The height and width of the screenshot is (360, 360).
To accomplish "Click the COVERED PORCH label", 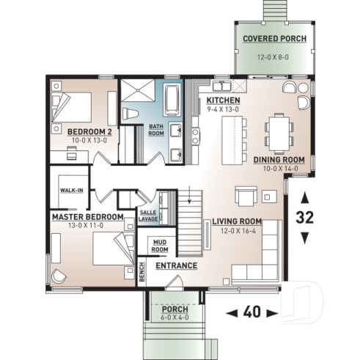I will point(274,38).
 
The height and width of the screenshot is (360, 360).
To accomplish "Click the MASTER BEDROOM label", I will point(86,218).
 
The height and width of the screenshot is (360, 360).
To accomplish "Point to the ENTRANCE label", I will point(176,265).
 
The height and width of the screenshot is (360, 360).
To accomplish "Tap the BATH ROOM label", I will point(156,130).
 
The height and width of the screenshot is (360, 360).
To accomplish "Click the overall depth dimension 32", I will point(306,217).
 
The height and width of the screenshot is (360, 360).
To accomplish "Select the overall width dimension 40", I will point(251,312).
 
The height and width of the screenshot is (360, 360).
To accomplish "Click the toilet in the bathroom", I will point(130,113).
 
